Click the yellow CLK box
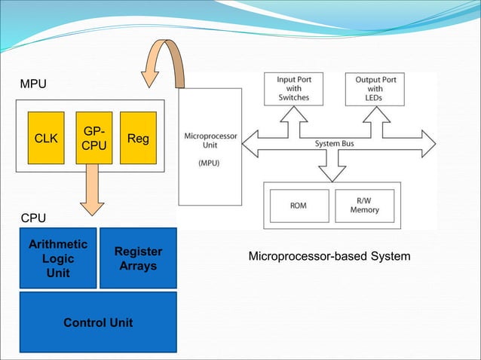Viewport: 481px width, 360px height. (46, 139)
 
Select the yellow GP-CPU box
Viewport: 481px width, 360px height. (94, 139)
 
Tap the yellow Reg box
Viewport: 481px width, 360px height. (138, 139)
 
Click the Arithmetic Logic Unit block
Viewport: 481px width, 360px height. (58, 258)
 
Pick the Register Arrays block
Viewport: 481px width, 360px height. (138, 258)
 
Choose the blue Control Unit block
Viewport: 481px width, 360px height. (98, 322)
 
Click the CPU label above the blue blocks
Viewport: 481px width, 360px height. (33, 218)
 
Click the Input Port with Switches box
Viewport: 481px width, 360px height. (293, 88)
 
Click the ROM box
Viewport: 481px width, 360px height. (299, 206)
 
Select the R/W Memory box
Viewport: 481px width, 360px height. (364, 206)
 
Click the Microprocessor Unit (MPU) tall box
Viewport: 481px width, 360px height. (210, 147)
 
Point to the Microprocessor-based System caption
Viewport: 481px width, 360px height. (329, 257)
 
